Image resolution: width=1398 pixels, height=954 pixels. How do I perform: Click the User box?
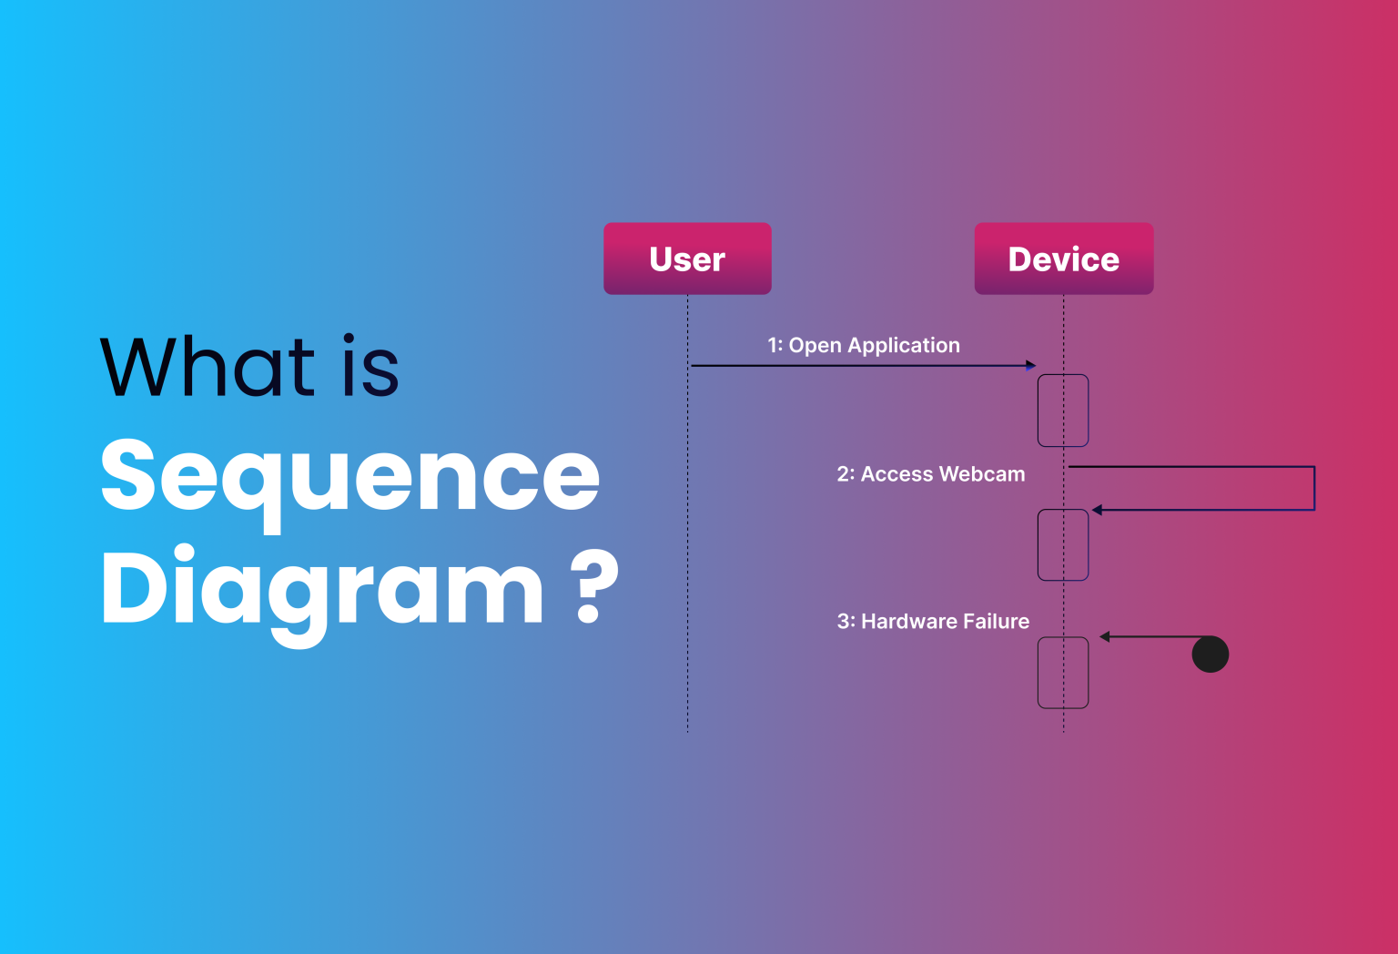687,259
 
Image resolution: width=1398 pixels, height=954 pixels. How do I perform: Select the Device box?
1063,259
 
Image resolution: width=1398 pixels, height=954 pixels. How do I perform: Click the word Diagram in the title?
322,590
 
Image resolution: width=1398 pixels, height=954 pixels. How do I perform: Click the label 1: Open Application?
863,345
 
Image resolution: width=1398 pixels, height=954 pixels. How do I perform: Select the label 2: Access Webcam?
930,474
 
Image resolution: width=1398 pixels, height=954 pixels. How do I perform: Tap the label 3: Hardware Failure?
933,622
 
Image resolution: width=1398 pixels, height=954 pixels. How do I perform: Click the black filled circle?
1210,654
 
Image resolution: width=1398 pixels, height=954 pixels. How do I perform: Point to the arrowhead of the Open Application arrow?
1030,366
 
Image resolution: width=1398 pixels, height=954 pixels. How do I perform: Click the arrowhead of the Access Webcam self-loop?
1098,510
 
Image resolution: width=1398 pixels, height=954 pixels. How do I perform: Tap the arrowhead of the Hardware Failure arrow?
1105,636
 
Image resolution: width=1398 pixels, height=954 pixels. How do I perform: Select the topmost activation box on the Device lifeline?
1063,411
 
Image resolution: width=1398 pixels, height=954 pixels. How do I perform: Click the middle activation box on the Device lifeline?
1063,544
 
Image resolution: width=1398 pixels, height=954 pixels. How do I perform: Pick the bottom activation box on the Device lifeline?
1063,673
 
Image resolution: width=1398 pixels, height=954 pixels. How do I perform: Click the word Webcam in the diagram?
982,474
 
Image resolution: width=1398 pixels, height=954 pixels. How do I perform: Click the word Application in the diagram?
903,345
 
